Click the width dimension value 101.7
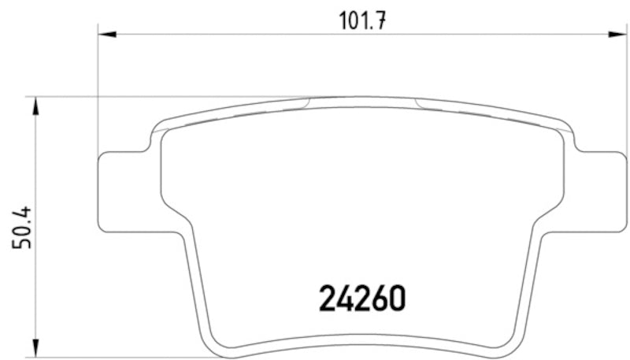click(361, 19)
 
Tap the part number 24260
click(362, 297)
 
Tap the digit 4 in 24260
click(345, 297)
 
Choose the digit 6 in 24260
click(380, 297)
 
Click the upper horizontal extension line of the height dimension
click(157, 98)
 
